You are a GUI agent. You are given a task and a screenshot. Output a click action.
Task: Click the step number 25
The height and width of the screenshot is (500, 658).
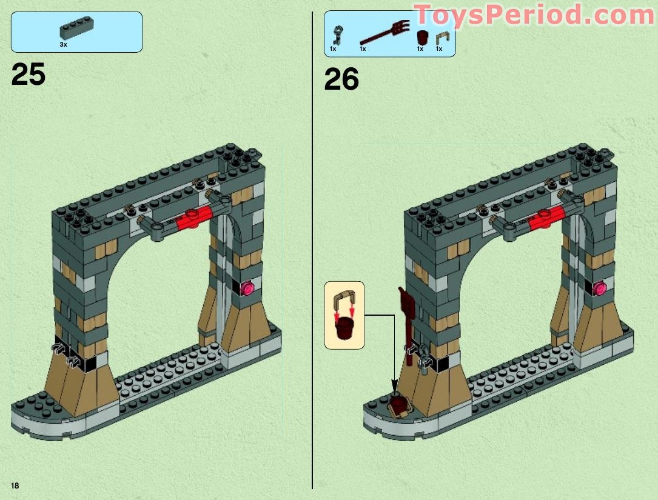click(x=28, y=75)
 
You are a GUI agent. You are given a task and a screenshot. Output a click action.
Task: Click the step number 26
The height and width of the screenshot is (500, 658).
click(x=341, y=79)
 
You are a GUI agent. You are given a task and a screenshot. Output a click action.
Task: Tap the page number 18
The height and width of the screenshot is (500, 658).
click(x=15, y=485)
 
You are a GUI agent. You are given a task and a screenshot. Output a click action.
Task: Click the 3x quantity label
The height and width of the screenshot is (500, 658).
click(x=63, y=45)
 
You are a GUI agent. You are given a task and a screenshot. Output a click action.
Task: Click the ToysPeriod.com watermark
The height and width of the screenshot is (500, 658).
click(x=534, y=15)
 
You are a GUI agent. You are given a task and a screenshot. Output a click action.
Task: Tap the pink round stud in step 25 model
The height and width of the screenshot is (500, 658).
click(x=247, y=288)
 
